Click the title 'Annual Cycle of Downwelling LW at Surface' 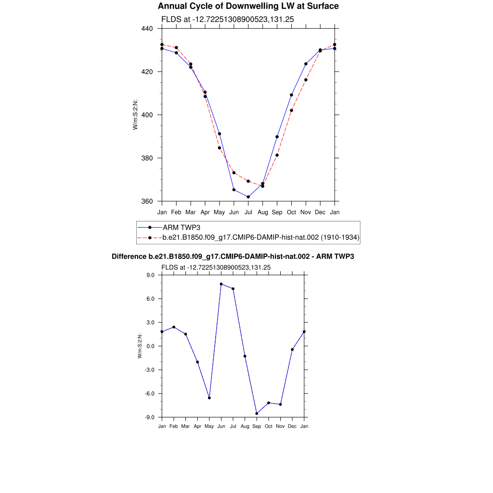point(248,6)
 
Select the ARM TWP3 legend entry point(181,227)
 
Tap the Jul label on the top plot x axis point(248,212)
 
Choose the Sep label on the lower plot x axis point(257,426)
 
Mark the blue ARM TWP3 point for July point(248,197)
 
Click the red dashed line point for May point(220,148)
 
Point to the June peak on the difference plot point(221,284)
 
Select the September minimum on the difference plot point(257,414)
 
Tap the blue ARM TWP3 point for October point(291,95)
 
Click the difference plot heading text point(233,257)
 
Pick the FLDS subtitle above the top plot point(228,19)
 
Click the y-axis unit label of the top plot point(136,115)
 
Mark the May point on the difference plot point(209,398)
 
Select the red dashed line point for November point(306,80)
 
